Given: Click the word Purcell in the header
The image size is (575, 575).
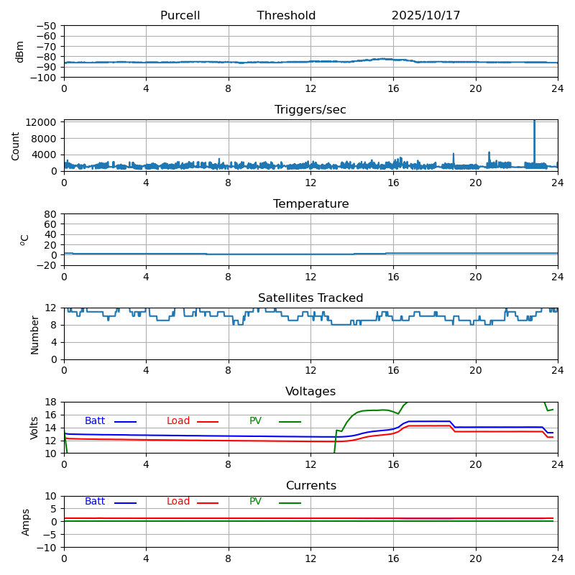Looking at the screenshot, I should point(180,16).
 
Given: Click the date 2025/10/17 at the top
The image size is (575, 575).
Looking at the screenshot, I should point(425,16).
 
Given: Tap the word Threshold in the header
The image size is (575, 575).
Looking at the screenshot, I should point(286,16).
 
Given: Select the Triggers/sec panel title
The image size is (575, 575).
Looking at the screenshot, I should point(310,110).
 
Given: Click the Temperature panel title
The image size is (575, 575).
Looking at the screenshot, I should point(310,204).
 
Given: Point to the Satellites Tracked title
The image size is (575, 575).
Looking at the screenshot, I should point(310,298).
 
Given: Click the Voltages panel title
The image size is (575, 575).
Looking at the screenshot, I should point(310,392).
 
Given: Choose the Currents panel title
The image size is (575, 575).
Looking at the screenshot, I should point(310,486).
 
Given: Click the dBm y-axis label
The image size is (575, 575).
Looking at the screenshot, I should point(20,51).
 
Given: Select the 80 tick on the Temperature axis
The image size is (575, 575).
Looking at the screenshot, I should point(50,214).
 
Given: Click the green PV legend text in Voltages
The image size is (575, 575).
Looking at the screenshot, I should point(255,421).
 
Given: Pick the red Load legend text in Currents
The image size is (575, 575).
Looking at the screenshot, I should point(178,502).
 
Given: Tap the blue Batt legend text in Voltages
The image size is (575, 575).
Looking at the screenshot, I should point(95,421).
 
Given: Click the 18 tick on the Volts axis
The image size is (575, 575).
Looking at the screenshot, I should point(52,402).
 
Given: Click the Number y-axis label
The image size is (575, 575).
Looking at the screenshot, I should point(34,334).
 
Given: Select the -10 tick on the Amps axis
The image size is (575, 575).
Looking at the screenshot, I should point(47,548).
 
